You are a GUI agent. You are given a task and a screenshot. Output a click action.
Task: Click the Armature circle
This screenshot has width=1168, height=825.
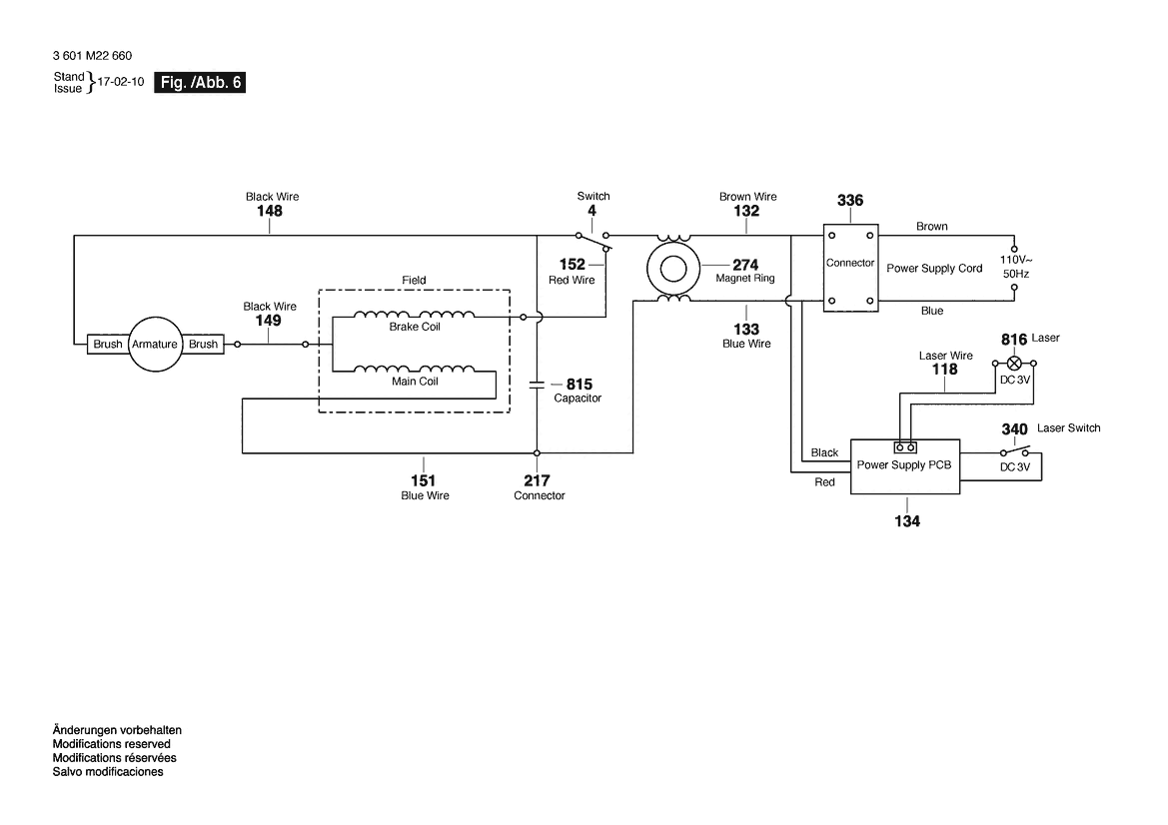click(x=156, y=344)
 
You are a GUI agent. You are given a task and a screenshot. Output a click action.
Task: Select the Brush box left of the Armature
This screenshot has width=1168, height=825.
click(x=108, y=344)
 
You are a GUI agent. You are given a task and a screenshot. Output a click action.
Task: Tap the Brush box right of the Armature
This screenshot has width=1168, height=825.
click(x=203, y=344)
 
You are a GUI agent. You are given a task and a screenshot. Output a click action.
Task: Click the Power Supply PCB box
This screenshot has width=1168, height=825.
click(x=905, y=466)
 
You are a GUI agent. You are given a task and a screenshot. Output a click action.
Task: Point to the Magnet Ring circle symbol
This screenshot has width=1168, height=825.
click(x=672, y=269)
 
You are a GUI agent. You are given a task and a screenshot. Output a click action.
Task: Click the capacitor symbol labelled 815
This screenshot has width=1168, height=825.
click(x=537, y=385)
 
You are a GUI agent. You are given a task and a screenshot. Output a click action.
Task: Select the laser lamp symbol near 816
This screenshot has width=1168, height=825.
click(x=1014, y=364)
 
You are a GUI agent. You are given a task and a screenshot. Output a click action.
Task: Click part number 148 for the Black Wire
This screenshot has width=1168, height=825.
click(x=270, y=211)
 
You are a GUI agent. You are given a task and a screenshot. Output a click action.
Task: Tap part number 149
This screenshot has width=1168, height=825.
click(x=268, y=321)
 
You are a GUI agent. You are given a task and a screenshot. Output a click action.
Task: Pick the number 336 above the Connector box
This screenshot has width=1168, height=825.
click(x=850, y=201)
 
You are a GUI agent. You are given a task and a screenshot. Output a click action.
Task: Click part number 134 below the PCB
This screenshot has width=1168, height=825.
click(x=907, y=521)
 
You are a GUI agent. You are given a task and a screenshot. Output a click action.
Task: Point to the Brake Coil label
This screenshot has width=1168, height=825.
click(x=415, y=327)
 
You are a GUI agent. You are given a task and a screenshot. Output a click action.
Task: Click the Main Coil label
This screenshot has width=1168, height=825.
click(x=415, y=382)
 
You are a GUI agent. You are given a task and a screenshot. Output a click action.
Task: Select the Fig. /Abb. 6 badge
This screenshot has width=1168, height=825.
click(x=200, y=83)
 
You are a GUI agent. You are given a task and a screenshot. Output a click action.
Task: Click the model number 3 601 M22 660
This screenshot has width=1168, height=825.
click(x=92, y=56)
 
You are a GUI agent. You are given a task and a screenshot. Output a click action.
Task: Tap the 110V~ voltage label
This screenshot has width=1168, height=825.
click(x=1016, y=260)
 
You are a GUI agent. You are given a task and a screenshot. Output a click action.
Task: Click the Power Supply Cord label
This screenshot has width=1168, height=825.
click(x=934, y=268)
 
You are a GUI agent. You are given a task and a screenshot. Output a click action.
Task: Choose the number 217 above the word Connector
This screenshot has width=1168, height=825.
click(x=537, y=481)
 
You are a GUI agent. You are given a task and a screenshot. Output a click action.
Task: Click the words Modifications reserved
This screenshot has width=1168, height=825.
click(x=112, y=744)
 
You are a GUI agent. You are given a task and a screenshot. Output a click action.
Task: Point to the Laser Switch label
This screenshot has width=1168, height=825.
click(x=1068, y=428)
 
